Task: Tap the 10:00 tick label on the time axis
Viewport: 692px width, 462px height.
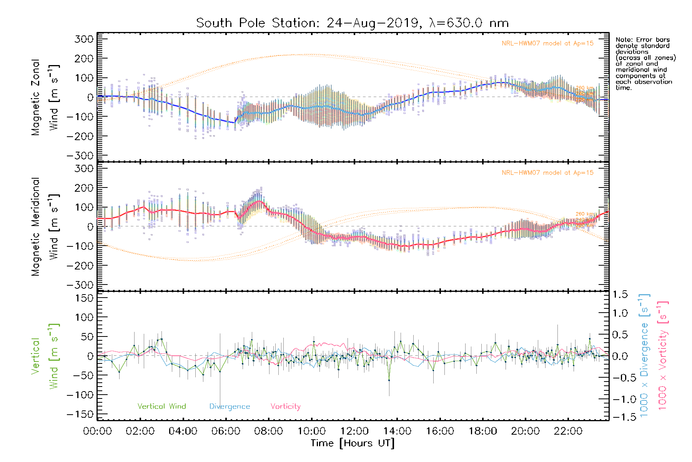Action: point(311,431)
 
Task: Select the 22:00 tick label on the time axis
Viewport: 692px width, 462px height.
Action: point(568,431)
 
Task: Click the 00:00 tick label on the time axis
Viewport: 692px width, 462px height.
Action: point(97,431)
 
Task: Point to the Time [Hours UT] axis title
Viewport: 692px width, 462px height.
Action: point(353,443)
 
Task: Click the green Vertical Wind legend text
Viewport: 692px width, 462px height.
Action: point(161,407)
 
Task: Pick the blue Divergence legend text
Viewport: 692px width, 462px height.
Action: point(230,407)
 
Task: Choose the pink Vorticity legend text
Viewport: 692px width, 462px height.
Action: point(285,407)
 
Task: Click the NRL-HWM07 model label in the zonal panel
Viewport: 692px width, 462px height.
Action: point(547,44)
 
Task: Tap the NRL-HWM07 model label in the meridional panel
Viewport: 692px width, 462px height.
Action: point(547,173)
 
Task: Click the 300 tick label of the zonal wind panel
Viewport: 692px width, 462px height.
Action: point(84,39)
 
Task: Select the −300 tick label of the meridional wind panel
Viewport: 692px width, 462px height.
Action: point(80,285)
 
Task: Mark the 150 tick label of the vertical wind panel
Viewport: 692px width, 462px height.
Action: point(84,298)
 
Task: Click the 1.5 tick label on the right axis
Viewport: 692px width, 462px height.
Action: point(620,295)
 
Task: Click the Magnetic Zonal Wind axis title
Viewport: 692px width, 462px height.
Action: point(45,97)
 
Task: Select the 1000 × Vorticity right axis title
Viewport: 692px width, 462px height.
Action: point(662,355)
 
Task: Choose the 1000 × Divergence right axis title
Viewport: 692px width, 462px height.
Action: point(644,355)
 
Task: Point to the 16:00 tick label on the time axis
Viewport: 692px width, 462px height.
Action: point(440,431)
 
